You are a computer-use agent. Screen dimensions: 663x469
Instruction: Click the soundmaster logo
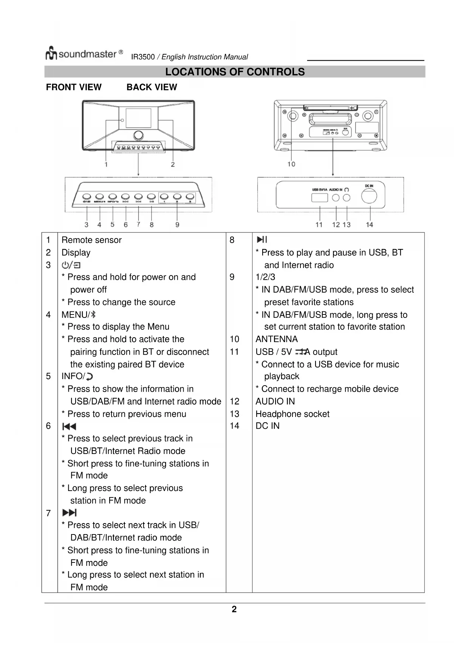coord(84,54)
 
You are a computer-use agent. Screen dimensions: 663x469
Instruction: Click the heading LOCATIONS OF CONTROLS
coord(235,72)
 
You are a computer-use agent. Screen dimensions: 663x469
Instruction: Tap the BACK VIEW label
coord(152,87)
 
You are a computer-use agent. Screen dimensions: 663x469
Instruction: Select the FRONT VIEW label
coord(74,87)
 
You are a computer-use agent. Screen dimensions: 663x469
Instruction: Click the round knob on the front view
coord(138,135)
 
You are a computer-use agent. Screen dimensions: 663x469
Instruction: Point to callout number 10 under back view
coord(291,164)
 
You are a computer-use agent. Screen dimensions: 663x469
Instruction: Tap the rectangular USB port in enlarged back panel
coord(319,197)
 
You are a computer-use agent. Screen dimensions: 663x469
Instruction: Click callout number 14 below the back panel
coord(369,225)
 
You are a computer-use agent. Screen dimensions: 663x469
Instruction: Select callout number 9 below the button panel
coord(177,225)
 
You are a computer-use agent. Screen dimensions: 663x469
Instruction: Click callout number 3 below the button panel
coord(87,225)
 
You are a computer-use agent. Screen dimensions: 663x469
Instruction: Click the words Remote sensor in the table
coord(91,240)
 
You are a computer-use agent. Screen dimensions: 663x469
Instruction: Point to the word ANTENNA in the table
coord(276,339)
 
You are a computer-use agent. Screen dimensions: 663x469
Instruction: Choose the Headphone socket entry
coord(292,414)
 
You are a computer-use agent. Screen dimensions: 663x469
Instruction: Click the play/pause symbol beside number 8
coord(262,240)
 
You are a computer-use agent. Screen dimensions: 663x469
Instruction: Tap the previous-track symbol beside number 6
coord(69,426)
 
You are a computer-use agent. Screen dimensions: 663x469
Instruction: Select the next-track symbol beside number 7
coord(70,513)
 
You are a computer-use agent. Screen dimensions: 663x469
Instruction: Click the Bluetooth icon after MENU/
coord(93,314)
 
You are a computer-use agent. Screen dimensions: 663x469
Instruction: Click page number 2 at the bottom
coord(234,609)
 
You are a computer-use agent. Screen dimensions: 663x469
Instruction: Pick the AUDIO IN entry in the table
coord(275,401)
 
